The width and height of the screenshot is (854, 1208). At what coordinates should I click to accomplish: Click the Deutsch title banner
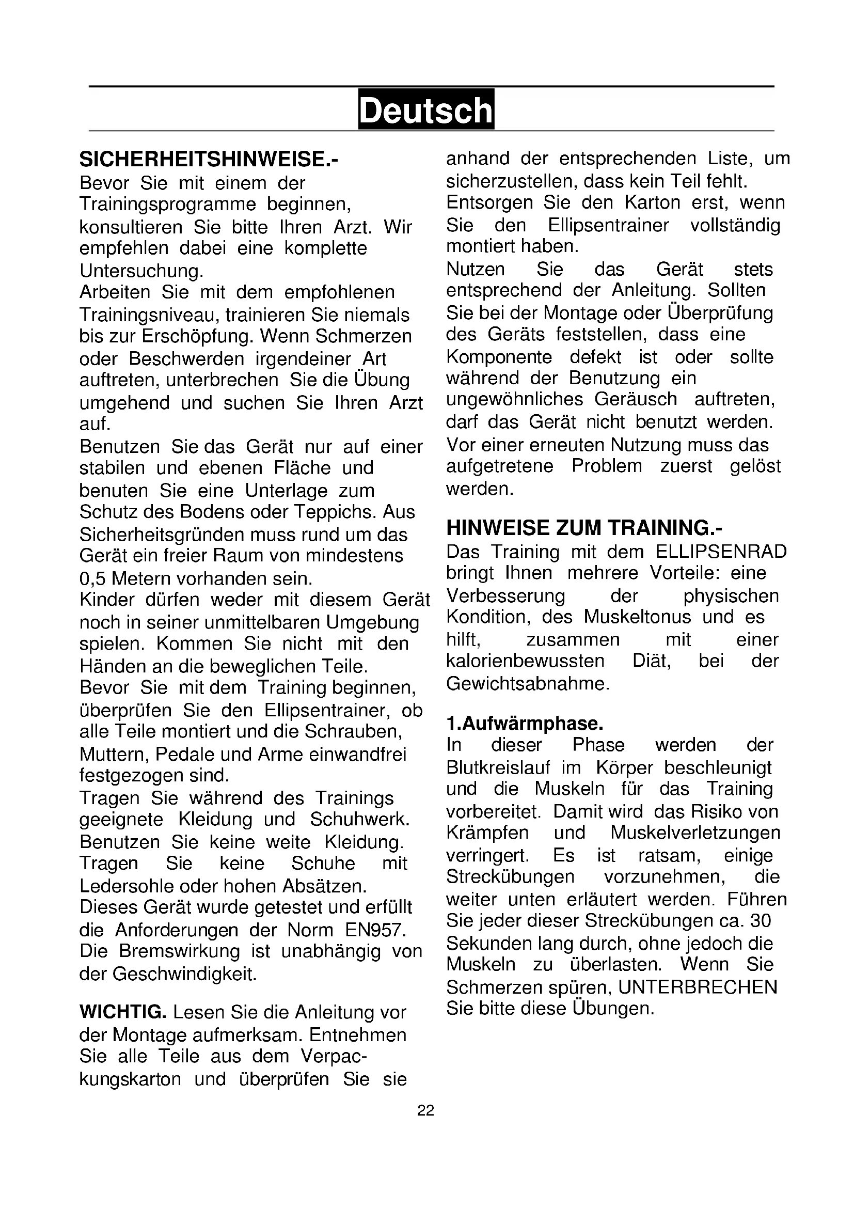click(x=426, y=109)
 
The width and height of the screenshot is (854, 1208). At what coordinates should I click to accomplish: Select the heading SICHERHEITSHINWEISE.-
click(x=209, y=160)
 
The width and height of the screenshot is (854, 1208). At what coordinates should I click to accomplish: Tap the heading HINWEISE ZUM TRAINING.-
click(x=584, y=528)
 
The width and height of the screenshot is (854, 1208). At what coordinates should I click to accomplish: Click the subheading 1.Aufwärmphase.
click(x=524, y=724)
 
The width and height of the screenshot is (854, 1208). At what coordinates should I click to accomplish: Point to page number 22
click(x=426, y=1110)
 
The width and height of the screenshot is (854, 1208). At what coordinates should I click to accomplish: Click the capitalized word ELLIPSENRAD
click(x=721, y=552)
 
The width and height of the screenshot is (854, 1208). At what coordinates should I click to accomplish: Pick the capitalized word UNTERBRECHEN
click(x=698, y=987)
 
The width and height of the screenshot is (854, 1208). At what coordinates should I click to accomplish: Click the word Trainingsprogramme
click(x=168, y=204)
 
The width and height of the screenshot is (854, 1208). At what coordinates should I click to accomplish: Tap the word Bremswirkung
click(x=179, y=951)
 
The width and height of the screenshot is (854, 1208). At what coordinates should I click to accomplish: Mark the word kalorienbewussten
click(x=525, y=661)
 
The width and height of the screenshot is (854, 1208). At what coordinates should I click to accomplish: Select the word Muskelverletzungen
click(x=695, y=833)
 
